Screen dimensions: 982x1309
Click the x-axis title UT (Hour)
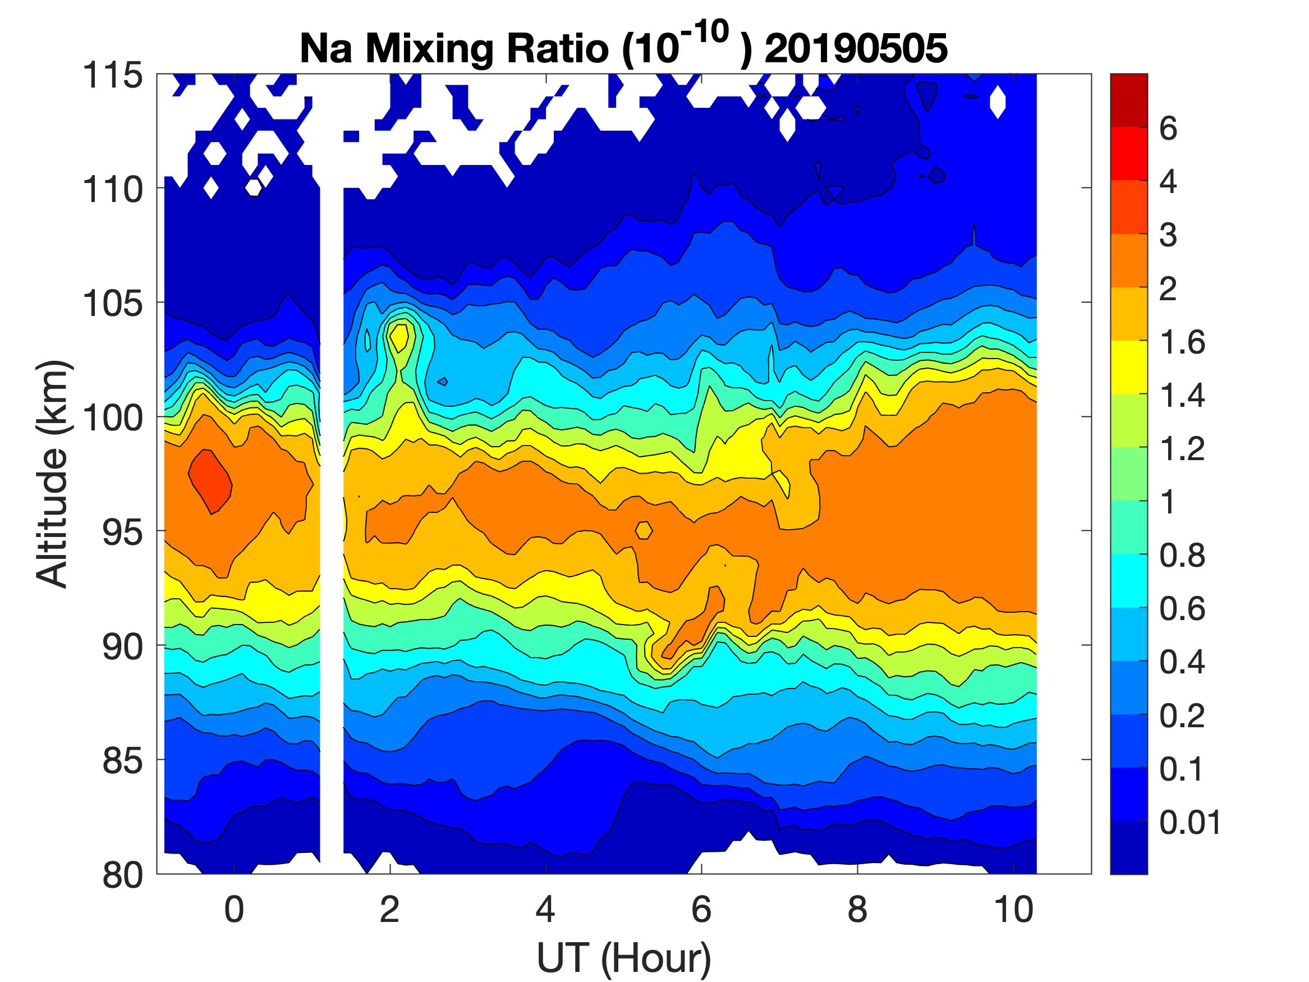tap(624, 957)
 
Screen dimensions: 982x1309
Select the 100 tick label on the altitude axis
tap(112, 418)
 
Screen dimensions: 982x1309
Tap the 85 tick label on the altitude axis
tap(122, 760)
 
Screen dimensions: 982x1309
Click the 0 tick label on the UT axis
tap(235, 909)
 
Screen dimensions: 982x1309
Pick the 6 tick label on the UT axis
tap(701, 909)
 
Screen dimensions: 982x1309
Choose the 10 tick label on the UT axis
tap(1014, 909)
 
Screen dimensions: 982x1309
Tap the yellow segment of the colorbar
tap(1128, 367)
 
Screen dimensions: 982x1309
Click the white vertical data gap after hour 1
tap(332, 533)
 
